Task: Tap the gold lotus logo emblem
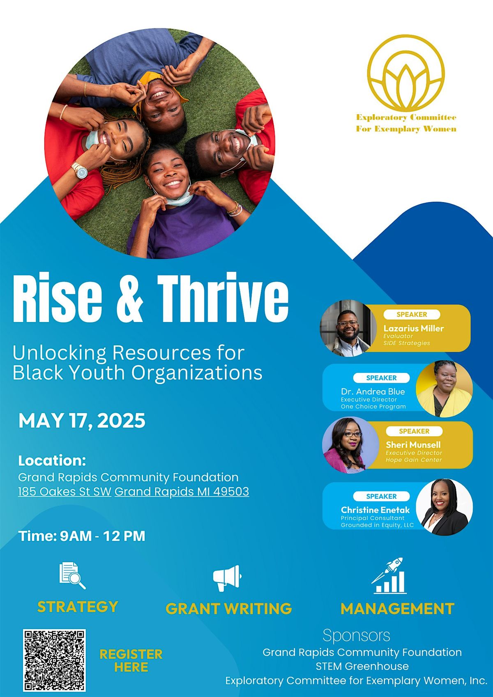pyautogui.click(x=406, y=73)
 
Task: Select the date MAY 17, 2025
pyautogui.click(x=82, y=421)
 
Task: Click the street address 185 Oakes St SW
pyautogui.click(x=65, y=491)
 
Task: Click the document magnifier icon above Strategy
pyautogui.click(x=72, y=576)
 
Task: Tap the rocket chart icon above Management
pyautogui.click(x=389, y=576)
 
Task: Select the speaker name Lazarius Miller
pyautogui.click(x=414, y=328)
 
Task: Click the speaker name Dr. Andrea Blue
pyautogui.click(x=373, y=391)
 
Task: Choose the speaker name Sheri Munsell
pyautogui.click(x=413, y=445)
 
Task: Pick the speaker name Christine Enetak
pyautogui.click(x=376, y=510)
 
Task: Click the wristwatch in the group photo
pyautogui.click(x=80, y=170)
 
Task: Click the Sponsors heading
pyautogui.click(x=356, y=635)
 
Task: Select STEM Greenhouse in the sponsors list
pyautogui.click(x=362, y=666)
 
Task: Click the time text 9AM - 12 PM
pyautogui.click(x=102, y=536)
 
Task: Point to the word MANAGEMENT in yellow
pyautogui.click(x=397, y=609)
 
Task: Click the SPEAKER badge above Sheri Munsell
pyautogui.click(x=414, y=431)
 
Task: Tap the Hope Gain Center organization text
pyautogui.click(x=414, y=460)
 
